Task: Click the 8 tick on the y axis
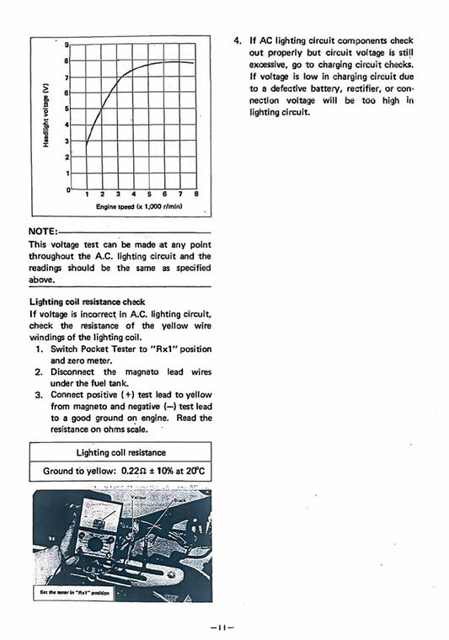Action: tap(66, 61)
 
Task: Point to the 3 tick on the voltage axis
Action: tap(66, 141)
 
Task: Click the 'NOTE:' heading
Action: tap(42, 231)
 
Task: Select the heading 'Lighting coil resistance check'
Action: tap(87, 301)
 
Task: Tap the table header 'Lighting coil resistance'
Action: tap(121, 452)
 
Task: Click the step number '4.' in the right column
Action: tap(238, 40)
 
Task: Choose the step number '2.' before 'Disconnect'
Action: tap(39, 371)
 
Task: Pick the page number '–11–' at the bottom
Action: tap(224, 627)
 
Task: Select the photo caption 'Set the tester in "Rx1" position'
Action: tap(72, 590)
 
